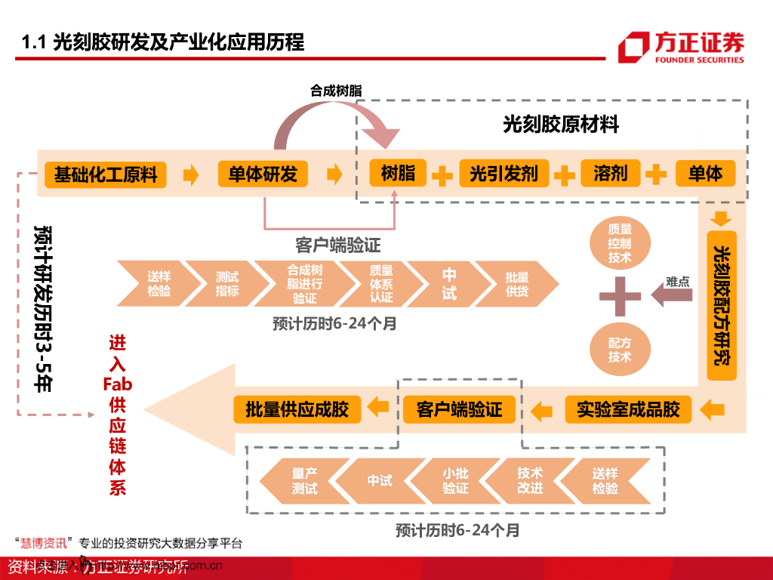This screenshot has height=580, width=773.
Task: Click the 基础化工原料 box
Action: [x=106, y=174]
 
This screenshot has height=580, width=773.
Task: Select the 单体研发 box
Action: [x=263, y=174]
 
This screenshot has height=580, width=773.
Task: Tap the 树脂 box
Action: [x=398, y=173]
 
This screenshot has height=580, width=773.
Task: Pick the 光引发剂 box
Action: [x=504, y=174]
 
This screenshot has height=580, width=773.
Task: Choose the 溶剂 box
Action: [x=610, y=174]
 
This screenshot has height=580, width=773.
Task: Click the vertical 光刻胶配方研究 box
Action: [x=722, y=305]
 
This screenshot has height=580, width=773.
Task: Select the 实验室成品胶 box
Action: [x=628, y=410]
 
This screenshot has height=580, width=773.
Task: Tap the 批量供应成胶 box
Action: [x=297, y=410]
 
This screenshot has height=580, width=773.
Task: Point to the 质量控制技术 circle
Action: [x=620, y=242]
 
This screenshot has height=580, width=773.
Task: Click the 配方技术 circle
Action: [x=620, y=349]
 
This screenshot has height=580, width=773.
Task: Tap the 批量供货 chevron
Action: [x=517, y=283]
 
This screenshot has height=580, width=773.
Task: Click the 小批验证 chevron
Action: [x=455, y=481]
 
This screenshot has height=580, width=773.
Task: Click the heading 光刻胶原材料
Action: [x=561, y=125]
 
